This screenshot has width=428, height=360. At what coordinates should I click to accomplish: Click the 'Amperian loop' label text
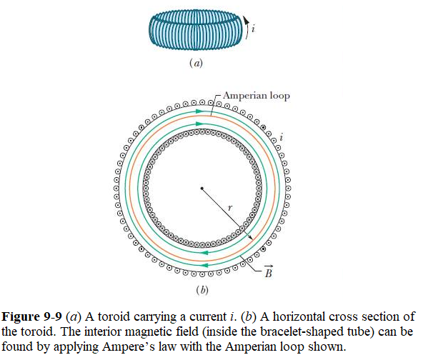point(257,96)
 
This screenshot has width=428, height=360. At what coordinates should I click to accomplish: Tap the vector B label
point(269,271)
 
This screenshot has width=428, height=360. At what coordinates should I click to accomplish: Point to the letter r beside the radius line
point(230,208)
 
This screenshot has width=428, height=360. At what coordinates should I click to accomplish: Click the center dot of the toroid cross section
point(201,189)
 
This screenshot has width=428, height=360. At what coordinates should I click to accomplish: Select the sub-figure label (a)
point(196,63)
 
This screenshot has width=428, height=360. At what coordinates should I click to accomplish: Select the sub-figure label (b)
point(202,290)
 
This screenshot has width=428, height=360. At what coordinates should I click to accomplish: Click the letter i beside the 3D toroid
point(253,28)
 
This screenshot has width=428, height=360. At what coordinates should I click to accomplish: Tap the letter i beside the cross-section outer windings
point(282,137)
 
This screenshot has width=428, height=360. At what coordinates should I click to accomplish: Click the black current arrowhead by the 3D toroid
point(247,20)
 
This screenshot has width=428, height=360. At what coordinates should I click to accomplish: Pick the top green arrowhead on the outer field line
point(200,111)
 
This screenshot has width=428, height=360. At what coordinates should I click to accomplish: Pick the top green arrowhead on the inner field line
point(200,124)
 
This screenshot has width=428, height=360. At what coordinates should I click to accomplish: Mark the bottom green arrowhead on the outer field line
point(204,265)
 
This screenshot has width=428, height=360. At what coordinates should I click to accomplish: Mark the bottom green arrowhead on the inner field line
point(204,253)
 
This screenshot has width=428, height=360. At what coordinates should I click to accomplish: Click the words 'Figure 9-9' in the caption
point(32,317)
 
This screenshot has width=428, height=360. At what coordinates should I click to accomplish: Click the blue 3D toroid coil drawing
point(196,30)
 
